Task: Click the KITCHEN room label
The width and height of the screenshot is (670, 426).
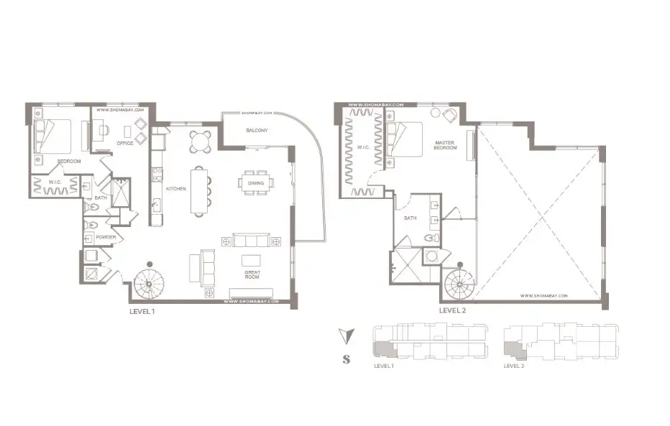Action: (x=176, y=188)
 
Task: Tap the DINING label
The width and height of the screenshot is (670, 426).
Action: (x=257, y=183)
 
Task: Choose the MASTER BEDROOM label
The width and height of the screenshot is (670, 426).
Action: (x=446, y=145)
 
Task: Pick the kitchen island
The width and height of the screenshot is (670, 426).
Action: (x=200, y=190)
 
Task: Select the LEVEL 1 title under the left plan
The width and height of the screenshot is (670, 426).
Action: (x=142, y=312)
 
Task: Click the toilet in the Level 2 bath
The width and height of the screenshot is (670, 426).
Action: (x=431, y=239)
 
